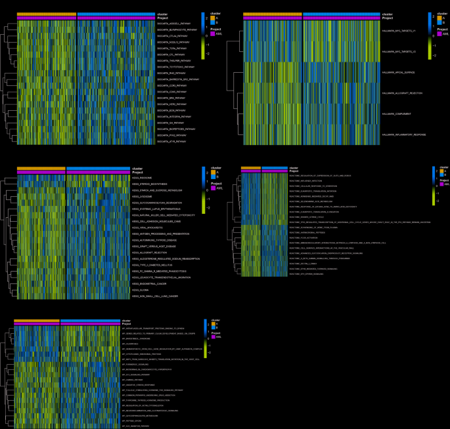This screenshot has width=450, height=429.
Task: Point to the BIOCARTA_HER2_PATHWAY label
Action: click(x=169, y=103)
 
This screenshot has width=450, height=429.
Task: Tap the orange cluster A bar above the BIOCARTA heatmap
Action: click(x=47, y=14)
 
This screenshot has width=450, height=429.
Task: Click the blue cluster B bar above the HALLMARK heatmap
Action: click(x=341, y=14)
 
